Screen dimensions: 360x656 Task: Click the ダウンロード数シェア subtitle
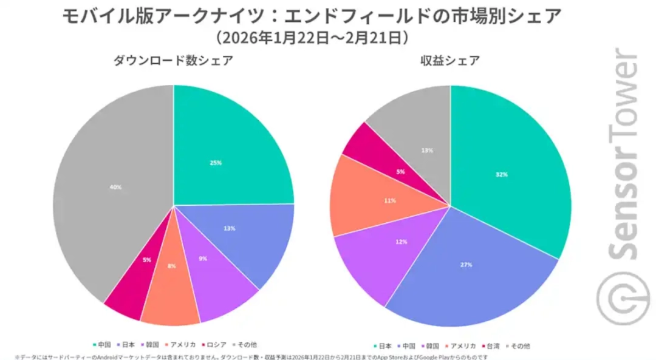pos(173,61)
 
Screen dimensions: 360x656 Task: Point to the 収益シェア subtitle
pos(449,61)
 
